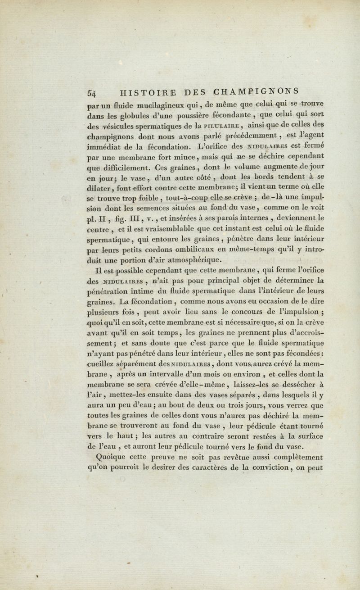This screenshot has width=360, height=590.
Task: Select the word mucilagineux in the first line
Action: pyautogui.click(x=159, y=107)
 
